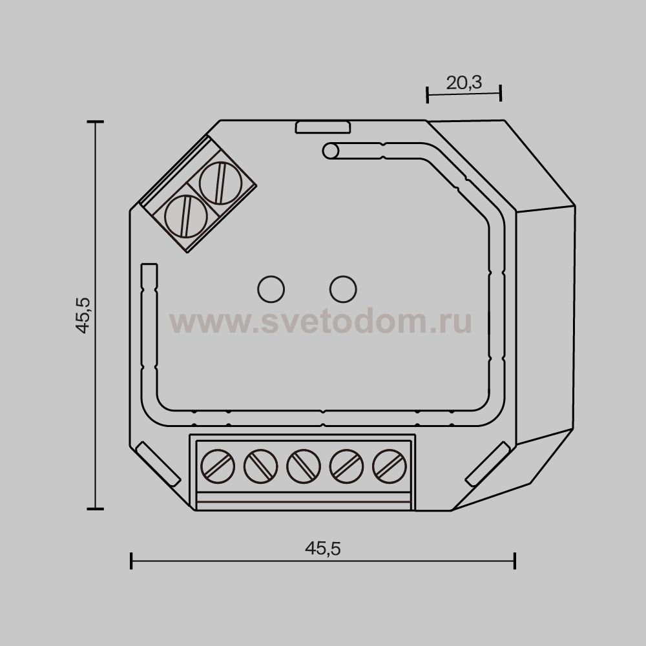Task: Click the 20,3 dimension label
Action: [x=464, y=83]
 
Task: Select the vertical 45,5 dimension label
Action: [x=83, y=315]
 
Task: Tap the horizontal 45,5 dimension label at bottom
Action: [x=323, y=548]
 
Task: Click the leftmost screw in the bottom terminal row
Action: [x=218, y=466]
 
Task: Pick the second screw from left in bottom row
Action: [x=260, y=466]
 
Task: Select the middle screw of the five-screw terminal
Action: [x=303, y=466]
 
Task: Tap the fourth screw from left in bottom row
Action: [x=346, y=466]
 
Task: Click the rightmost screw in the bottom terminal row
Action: [x=390, y=466]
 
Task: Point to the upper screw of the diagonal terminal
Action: [x=220, y=183]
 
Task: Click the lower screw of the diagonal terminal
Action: [x=186, y=216]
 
